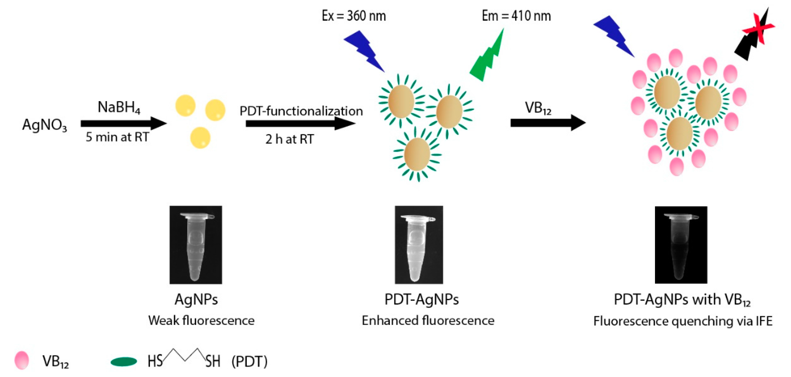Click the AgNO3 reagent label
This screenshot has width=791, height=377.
(44, 125)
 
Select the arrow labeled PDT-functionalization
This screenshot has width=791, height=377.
(300, 124)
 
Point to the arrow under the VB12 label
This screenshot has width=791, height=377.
(547, 122)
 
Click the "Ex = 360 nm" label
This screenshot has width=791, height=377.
(354, 16)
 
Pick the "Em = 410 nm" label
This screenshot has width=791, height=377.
(516, 16)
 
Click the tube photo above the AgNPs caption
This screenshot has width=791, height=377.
(196, 245)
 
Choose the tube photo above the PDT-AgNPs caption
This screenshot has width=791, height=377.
(419, 245)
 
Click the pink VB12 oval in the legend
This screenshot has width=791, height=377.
(22, 360)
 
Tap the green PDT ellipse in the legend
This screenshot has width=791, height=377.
(124, 362)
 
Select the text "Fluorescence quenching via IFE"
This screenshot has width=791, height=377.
(683, 321)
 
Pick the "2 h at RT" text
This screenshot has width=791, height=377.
(289, 139)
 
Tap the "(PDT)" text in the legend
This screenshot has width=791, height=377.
(249, 362)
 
